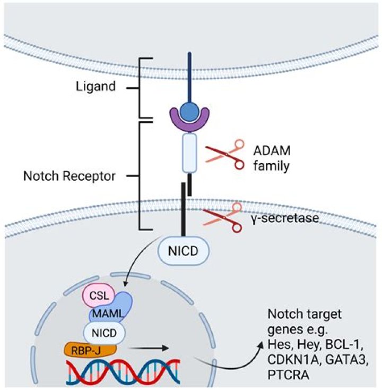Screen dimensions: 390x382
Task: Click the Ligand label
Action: click(95, 86)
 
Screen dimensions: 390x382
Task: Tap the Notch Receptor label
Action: click(69, 176)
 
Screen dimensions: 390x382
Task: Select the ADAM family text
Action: click(272, 158)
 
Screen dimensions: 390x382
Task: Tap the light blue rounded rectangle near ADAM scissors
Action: click(189, 154)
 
